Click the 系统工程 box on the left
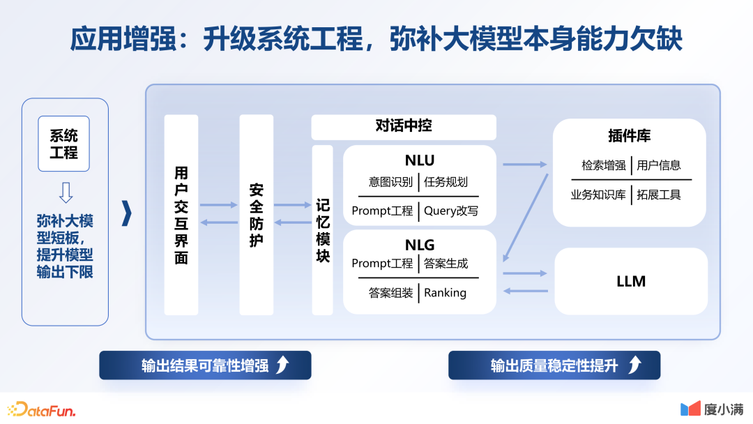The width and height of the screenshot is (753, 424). click(x=63, y=144)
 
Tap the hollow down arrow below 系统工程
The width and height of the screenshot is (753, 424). click(x=66, y=192)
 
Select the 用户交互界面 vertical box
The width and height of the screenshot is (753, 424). click(x=181, y=215)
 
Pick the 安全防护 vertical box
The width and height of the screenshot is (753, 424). click(x=256, y=215)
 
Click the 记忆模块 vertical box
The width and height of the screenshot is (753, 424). click(x=322, y=230)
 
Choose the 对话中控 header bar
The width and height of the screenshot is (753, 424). click(x=404, y=127)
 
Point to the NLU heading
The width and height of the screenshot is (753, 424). click(x=419, y=161)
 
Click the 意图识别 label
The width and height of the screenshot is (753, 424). click(x=390, y=183)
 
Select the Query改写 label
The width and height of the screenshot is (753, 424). click(x=451, y=211)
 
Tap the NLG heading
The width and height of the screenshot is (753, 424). click(x=419, y=245)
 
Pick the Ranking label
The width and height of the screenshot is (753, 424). click(x=445, y=293)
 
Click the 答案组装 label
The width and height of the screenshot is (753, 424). click(x=390, y=293)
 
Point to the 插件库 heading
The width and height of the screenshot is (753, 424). click(x=629, y=136)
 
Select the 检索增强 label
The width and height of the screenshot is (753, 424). click(x=604, y=166)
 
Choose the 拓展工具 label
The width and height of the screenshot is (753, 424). click(x=659, y=195)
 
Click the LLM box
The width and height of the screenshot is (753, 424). click(x=631, y=281)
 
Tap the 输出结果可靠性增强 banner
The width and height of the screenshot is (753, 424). click(x=205, y=365)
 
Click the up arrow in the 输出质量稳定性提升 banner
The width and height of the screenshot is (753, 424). click(x=634, y=365)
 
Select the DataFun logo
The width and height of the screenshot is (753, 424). click(x=41, y=409)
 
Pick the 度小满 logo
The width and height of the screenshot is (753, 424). click(x=711, y=409)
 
